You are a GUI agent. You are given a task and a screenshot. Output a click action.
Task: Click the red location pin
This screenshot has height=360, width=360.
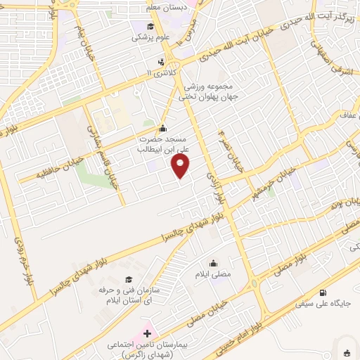(181, 167)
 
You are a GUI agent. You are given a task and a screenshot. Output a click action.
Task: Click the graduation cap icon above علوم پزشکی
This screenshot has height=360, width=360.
(150, 27)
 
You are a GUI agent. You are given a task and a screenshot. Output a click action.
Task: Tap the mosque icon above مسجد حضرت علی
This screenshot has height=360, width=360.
(163, 129)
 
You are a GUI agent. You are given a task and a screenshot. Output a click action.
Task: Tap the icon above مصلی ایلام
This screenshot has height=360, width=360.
(214, 263)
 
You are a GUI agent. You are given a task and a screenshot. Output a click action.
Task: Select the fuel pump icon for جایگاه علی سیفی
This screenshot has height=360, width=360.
(323, 292)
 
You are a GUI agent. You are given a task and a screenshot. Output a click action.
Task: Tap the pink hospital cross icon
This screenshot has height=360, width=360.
(147, 333)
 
